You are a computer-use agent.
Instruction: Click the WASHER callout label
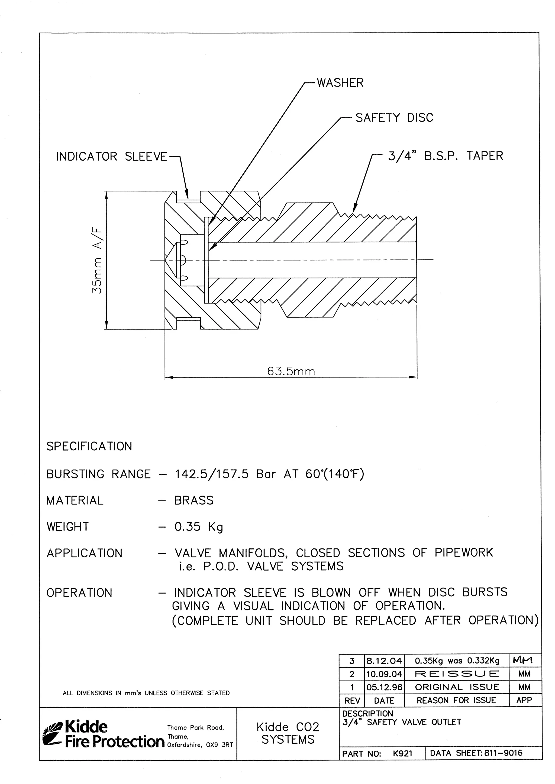pos(340,83)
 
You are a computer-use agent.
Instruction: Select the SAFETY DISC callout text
pos(394,118)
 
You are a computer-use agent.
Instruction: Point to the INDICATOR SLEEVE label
pos(111,157)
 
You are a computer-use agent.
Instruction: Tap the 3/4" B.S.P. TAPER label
pos(445,156)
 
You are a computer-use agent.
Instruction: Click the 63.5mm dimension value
pos(291,371)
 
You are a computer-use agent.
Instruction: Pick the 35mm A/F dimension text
pos(97,261)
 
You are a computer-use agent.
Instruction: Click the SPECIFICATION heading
pos(89,447)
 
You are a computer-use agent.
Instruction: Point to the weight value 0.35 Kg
pos(199,527)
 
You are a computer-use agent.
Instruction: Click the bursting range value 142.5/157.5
pos(212,474)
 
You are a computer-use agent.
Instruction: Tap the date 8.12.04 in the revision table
pos(384,661)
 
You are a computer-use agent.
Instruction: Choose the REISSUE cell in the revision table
pos(457,674)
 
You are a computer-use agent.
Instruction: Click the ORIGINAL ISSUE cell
pos(457,687)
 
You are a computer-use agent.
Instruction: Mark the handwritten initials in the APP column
pos(525,661)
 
